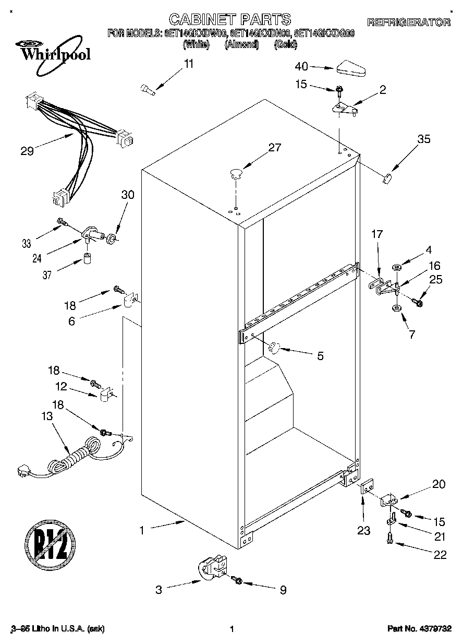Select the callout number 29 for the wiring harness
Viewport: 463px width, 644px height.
[x=27, y=151]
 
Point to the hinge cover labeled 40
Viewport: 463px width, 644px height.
[x=352, y=67]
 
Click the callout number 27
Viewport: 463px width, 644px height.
[x=274, y=148]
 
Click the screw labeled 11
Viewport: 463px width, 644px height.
[x=148, y=90]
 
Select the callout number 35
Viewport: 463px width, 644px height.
[x=424, y=139]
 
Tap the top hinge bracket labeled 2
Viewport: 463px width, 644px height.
[x=345, y=109]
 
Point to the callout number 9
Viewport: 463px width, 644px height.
[x=283, y=590]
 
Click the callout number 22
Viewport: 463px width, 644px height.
[x=440, y=555]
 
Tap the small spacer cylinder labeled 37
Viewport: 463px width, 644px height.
[x=87, y=259]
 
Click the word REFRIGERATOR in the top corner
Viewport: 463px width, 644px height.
[x=409, y=22]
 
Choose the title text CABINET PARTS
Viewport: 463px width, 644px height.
[x=231, y=20]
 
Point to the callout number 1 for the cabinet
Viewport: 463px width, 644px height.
[x=141, y=531]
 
